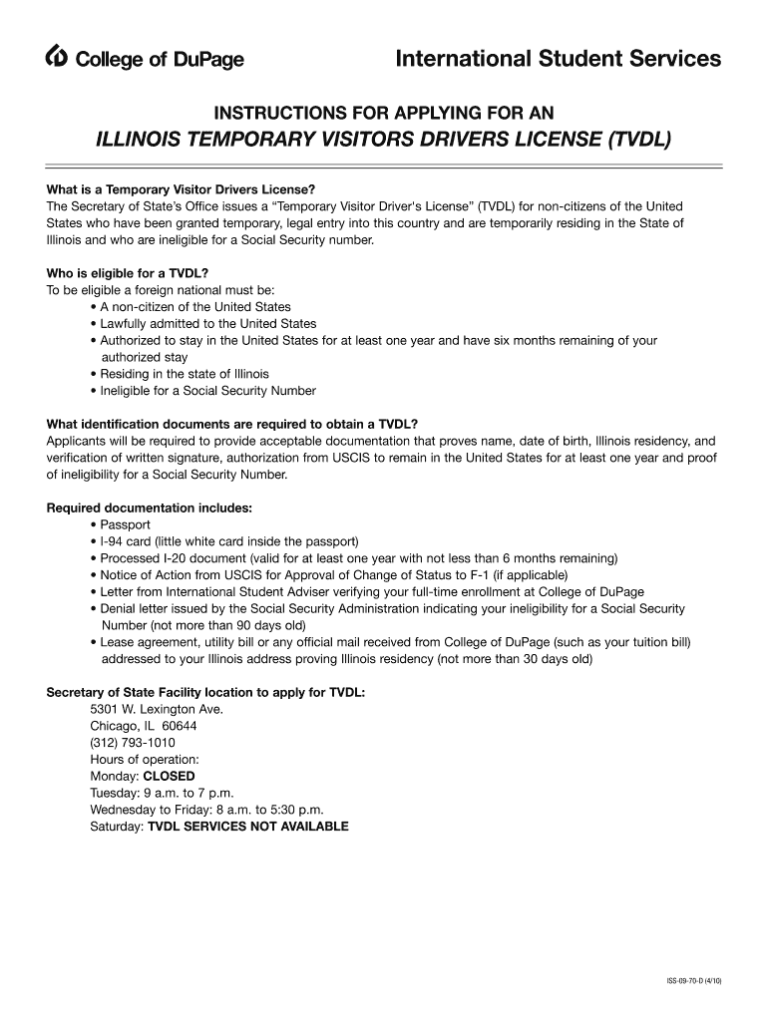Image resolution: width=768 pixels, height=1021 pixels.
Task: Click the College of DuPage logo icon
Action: [x=58, y=60]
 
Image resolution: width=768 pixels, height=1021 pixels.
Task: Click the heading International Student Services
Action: [x=558, y=60]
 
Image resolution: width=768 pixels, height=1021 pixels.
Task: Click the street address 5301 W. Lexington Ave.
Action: [x=157, y=709]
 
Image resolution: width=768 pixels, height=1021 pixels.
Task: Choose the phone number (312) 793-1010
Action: [x=133, y=743]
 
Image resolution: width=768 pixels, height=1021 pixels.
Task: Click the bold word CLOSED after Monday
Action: [x=170, y=776]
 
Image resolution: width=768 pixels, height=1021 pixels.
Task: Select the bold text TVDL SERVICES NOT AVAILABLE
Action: [x=248, y=827]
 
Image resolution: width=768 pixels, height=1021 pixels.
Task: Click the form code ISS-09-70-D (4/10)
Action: [x=693, y=982]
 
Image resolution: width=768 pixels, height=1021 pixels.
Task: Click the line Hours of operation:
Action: [x=145, y=760]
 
